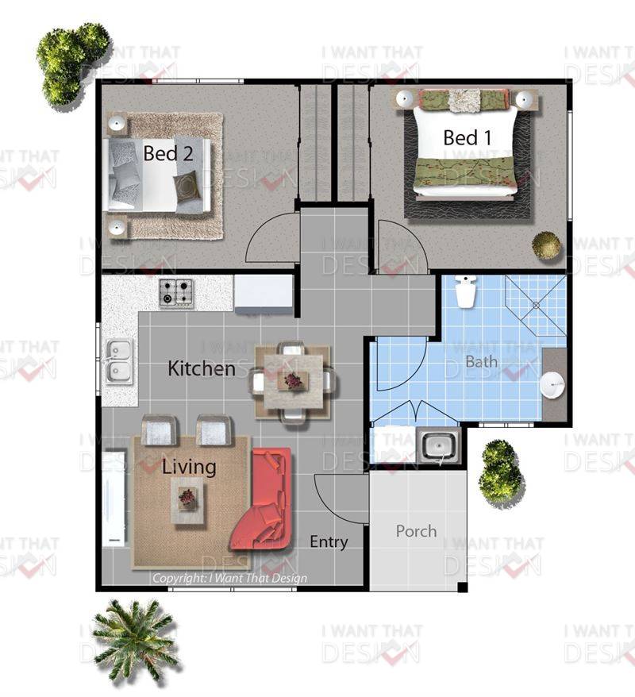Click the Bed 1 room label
pyautogui.click(x=468, y=138)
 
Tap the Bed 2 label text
pyautogui.click(x=168, y=153)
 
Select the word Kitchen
pyautogui.click(x=202, y=368)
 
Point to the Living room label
pyautogui.click(x=189, y=468)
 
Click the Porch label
pyautogui.click(x=417, y=531)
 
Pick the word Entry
pyautogui.click(x=329, y=542)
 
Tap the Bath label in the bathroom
pyautogui.click(x=481, y=362)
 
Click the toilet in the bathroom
pyautogui.click(x=466, y=291)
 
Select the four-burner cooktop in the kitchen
pyautogui.click(x=176, y=292)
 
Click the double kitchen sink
pyautogui.click(x=119, y=361)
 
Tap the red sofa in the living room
pyautogui.click(x=262, y=499)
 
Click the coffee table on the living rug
pyautogui.click(x=188, y=501)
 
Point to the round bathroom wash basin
pyautogui.click(x=552, y=383)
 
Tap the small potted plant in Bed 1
pyautogui.click(x=546, y=245)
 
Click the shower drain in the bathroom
pyautogui.click(x=536, y=306)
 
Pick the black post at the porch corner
pyautogui.click(x=463, y=587)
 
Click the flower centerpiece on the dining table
pyautogui.click(x=293, y=381)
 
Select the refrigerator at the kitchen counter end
pyautogui.click(x=264, y=294)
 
